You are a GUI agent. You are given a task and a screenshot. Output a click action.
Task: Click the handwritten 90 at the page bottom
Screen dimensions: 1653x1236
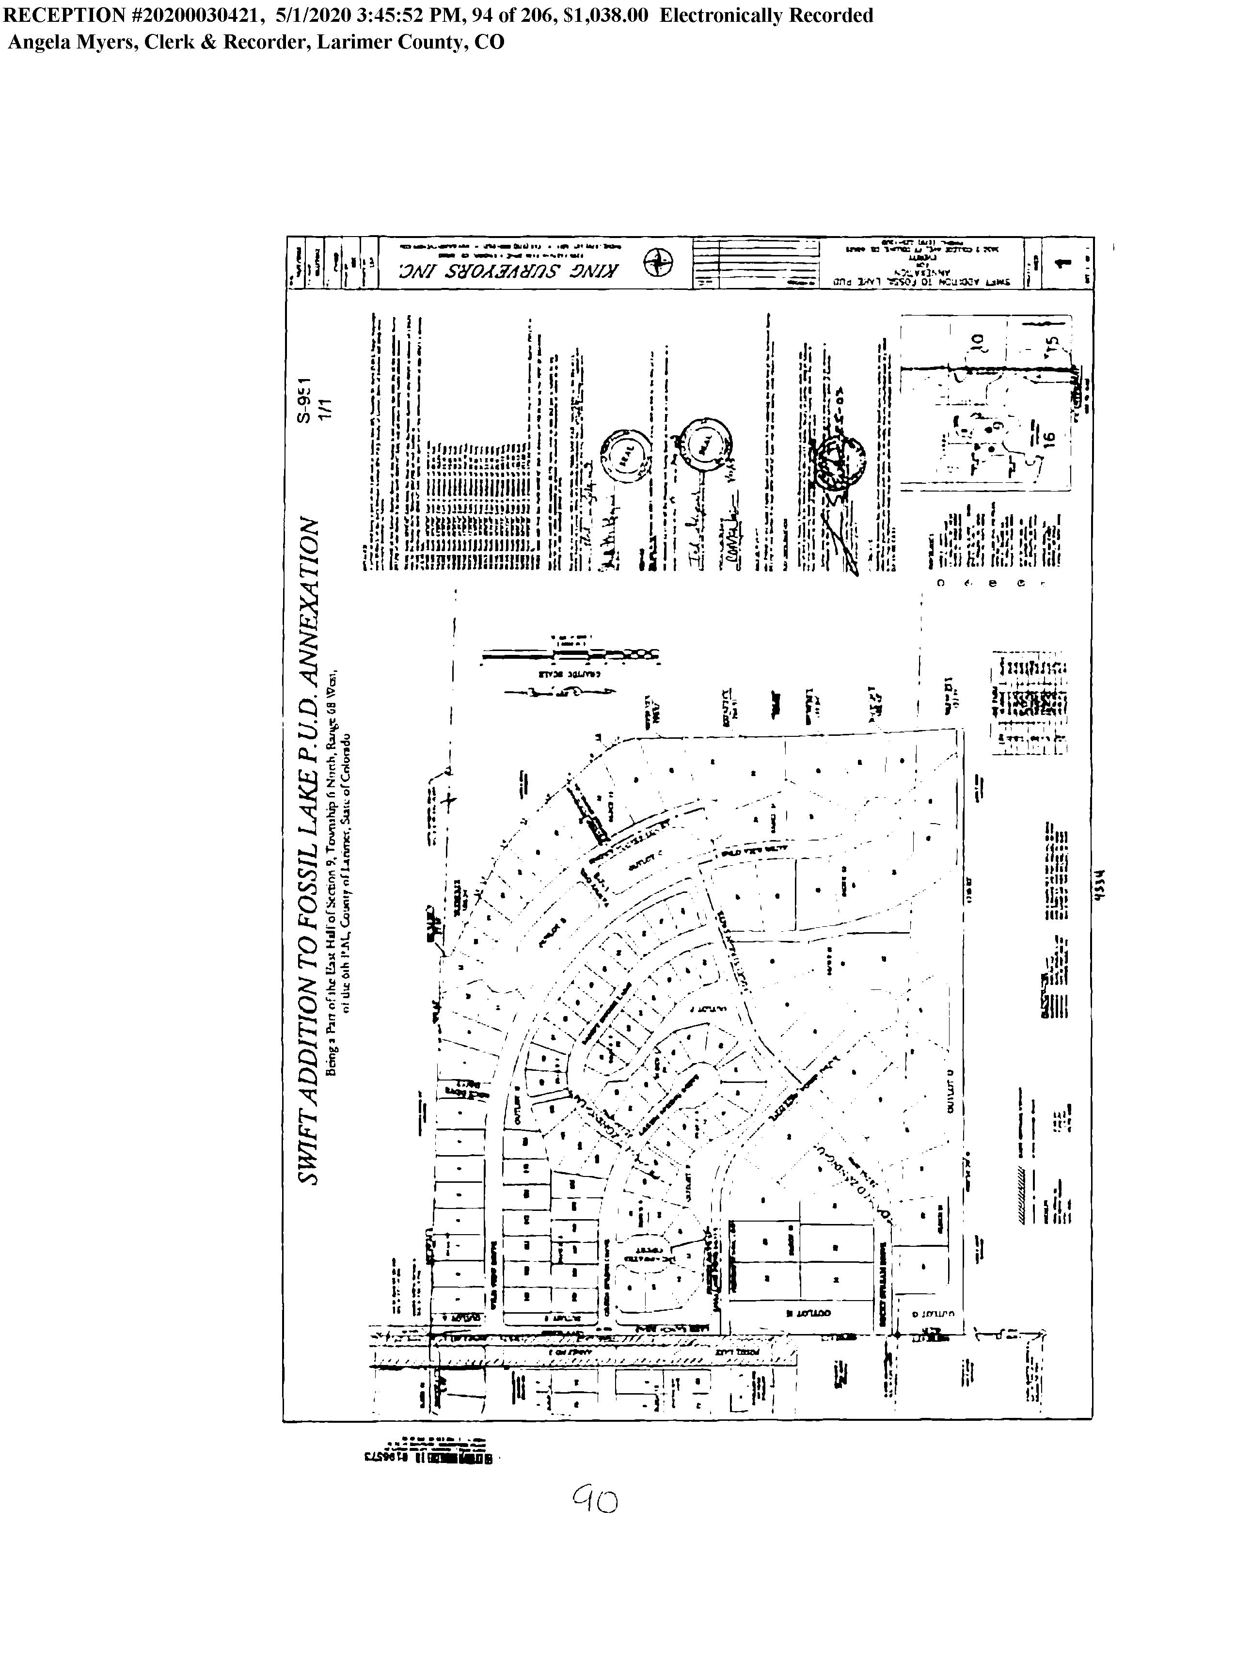[x=596, y=1498]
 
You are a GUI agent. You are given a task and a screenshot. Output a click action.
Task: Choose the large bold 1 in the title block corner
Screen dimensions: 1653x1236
[x=1059, y=263]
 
